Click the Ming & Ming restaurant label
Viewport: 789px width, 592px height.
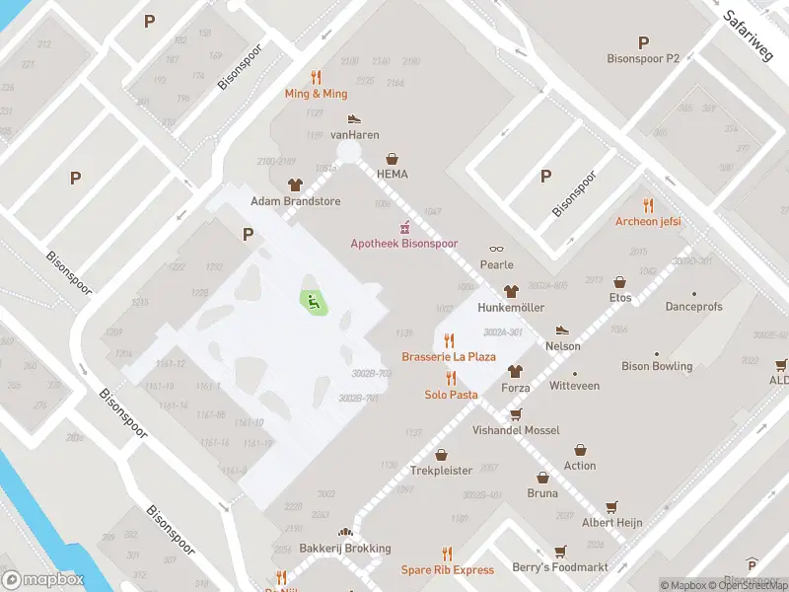coord(316,94)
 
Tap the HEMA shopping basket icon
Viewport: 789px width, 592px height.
coord(393,158)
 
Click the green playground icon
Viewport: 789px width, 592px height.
coord(314,302)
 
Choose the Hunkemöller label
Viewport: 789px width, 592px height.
coord(511,307)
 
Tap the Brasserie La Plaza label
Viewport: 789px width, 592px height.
coord(448,356)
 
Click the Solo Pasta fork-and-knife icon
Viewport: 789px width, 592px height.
coord(451,378)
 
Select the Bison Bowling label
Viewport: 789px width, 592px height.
coord(657,366)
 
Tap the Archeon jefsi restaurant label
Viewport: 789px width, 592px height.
coord(648,221)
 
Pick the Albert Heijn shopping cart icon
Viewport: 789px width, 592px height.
coord(612,506)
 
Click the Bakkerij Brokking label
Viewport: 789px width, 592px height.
coord(345,549)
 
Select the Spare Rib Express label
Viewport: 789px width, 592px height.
coord(447,570)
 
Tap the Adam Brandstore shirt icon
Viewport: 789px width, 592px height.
coord(295,185)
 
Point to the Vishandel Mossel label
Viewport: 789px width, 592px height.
coord(515,430)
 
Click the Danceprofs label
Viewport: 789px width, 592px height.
coord(693,307)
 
